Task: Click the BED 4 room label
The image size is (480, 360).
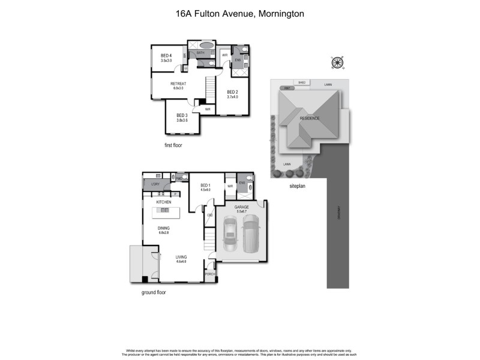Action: point(166,56)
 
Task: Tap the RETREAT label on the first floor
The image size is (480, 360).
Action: point(178,83)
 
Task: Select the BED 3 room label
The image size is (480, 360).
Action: point(182,115)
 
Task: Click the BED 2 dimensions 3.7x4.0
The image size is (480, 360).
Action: point(232,97)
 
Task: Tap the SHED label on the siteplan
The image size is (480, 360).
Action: point(302,83)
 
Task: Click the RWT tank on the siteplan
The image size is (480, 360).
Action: point(288,88)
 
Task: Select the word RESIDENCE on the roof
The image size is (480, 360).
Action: point(310,118)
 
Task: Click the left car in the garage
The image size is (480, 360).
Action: point(229,235)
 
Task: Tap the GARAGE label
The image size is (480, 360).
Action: point(242,206)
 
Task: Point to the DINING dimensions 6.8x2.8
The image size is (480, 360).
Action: point(164,233)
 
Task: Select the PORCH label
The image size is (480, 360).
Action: point(210,274)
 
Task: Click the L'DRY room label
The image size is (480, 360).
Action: point(155,184)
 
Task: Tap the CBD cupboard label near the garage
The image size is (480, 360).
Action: point(210,215)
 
